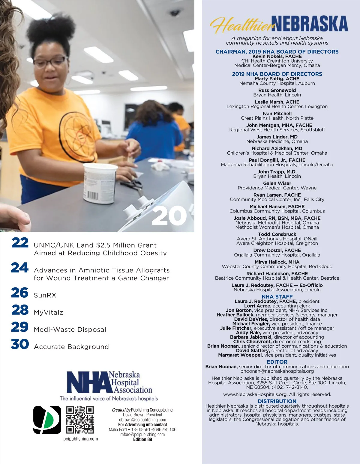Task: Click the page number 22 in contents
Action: (20, 243)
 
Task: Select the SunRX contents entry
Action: (45, 295)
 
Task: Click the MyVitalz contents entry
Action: (49, 312)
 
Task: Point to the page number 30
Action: (20, 344)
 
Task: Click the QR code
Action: (80, 420)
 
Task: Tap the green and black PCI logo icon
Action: (47, 420)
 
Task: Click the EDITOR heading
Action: (277, 362)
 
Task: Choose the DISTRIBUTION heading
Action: (277, 401)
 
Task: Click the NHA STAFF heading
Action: (277, 296)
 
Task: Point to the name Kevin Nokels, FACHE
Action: (277, 56)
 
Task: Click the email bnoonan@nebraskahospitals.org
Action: (277, 371)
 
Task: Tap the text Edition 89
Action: (142, 439)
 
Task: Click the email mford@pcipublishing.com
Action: (142, 434)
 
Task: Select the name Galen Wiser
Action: (277, 183)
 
